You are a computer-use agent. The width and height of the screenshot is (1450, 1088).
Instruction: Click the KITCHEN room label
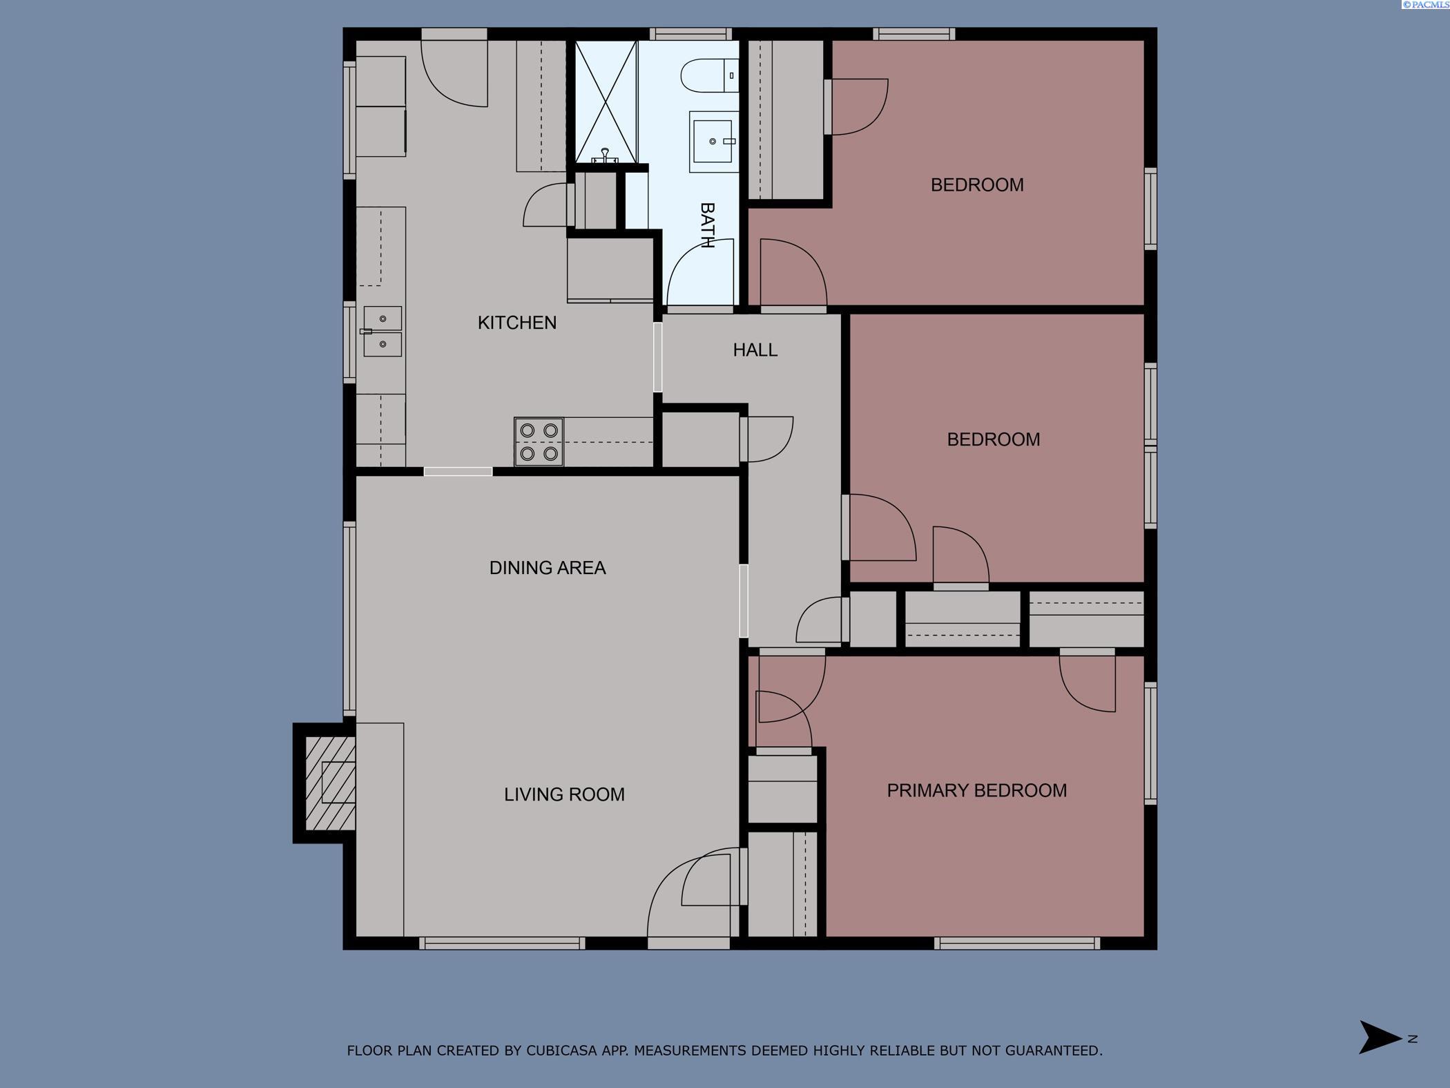(516, 323)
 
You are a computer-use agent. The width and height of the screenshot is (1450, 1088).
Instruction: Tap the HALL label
(755, 350)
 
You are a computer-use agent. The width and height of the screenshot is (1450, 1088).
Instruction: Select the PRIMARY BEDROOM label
(976, 790)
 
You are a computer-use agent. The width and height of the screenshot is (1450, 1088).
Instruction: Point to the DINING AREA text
(547, 568)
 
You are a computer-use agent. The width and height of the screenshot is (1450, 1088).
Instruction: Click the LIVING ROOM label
(564, 794)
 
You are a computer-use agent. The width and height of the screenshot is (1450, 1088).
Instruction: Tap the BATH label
(707, 225)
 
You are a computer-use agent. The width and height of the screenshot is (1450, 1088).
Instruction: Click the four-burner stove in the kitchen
(539, 441)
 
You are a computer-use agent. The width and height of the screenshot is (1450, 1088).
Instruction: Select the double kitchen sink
(383, 332)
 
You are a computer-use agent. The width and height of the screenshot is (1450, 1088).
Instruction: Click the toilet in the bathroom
(708, 75)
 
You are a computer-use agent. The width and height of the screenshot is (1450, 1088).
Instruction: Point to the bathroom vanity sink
(713, 142)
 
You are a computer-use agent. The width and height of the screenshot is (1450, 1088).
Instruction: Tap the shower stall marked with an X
(606, 102)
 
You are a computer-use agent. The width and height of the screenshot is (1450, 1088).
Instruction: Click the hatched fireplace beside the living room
(330, 783)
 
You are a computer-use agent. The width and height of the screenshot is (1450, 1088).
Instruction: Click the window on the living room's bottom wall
(502, 943)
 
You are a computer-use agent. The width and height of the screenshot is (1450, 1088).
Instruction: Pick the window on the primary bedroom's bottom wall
(1016, 943)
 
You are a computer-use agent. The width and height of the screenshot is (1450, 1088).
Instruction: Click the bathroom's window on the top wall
(690, 34)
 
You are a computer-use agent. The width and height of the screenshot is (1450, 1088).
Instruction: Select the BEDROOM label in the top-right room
(976, 185)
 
